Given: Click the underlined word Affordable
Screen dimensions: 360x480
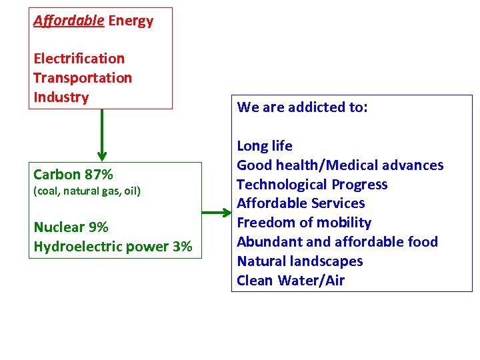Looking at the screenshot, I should (69, 21).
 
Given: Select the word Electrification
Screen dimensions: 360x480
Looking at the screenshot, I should (79, 59).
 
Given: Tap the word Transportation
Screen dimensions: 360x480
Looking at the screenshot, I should (83, 78).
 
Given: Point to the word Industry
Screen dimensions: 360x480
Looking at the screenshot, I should (61, 97).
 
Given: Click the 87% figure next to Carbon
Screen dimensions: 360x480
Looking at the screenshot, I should (99, 175).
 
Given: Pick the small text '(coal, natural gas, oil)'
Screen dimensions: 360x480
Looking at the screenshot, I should (87, 191).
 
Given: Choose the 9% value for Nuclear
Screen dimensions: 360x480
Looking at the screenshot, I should (99, 227).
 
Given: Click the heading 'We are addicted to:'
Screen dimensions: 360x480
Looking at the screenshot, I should (302, 107).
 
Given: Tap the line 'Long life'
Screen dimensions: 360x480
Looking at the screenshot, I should (265, 146).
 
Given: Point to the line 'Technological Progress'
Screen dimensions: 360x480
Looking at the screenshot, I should (312, 185).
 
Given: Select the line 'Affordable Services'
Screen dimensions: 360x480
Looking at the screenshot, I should (301, 203).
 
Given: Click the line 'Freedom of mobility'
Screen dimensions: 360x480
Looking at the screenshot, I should (304, 223).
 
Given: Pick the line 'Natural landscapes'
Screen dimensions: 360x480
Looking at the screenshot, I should (300, 261).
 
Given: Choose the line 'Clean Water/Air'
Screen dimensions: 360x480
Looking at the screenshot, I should (291, 281).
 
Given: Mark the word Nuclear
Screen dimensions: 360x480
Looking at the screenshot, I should (59, 227).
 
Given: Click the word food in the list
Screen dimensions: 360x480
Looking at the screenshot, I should (422, 242).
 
